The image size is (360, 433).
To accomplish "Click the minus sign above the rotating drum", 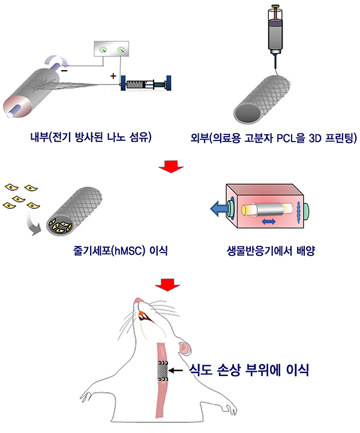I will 65,71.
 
